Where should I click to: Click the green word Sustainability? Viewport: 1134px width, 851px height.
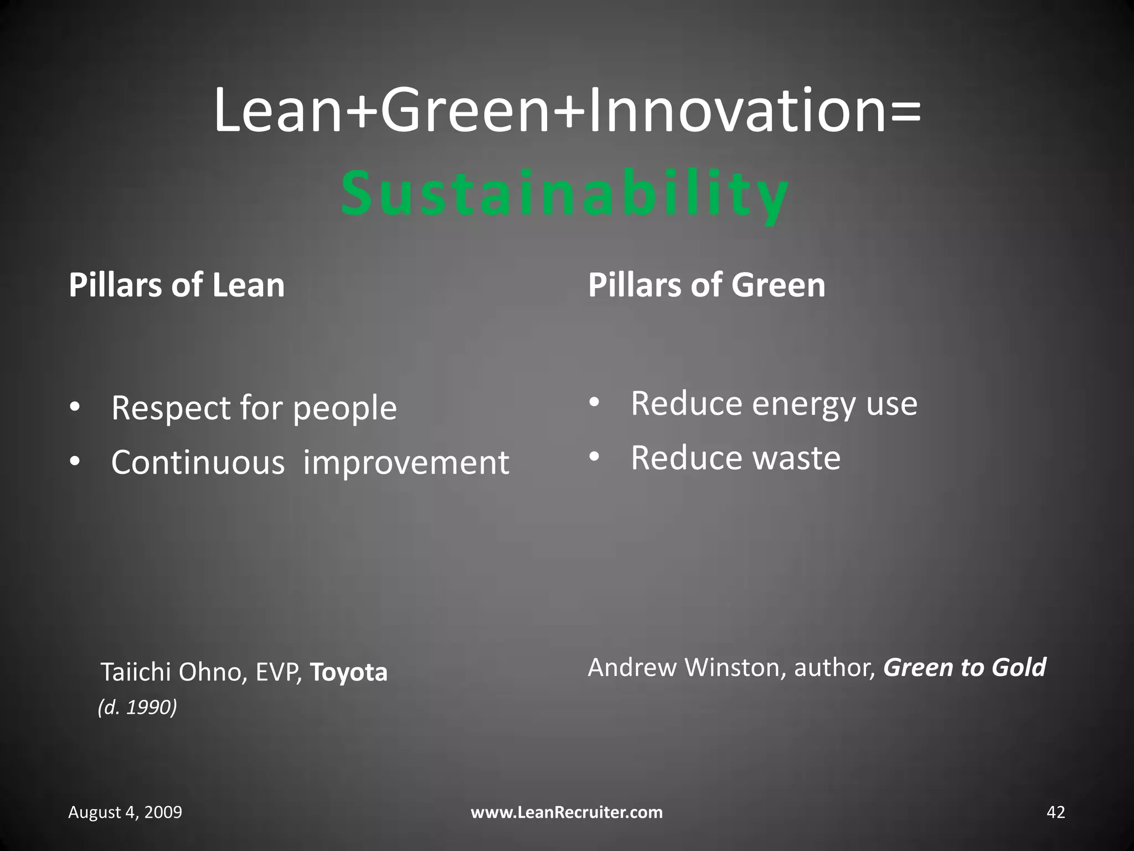[565, 194]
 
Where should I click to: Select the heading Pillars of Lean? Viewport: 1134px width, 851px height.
[177, 285]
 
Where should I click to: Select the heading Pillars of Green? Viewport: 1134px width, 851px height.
[707, 285]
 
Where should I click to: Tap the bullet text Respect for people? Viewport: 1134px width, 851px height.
[254, 408]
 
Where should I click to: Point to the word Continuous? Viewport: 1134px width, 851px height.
[198, 463]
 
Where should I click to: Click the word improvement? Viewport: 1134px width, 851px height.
[406, 463]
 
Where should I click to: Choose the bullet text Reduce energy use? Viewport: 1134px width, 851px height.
[774, 404]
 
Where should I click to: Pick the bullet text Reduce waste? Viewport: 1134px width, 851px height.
[735, 458]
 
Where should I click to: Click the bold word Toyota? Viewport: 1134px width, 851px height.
[349, 673]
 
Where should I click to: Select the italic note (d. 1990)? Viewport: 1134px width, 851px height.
[137, 708]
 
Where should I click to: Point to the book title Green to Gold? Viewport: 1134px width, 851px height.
[964, 668]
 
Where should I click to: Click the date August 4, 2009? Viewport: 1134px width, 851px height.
[125, 812]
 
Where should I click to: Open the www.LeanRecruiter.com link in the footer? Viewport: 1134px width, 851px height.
[566, 812]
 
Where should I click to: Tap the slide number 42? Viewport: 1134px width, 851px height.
[1055, 812]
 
